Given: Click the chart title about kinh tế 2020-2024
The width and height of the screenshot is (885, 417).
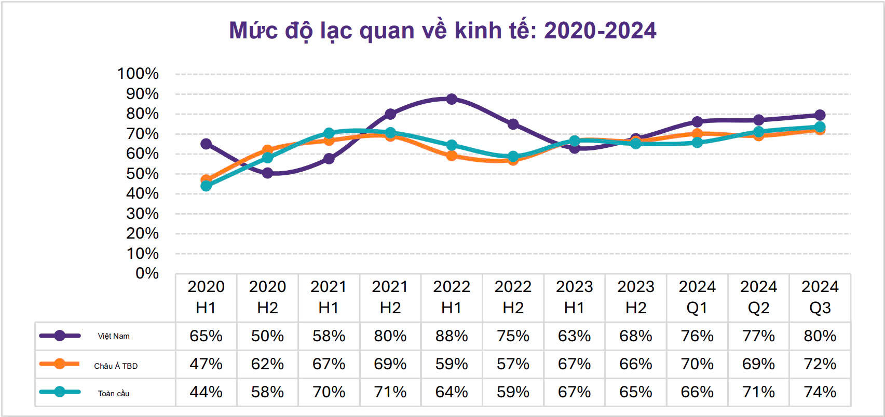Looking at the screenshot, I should [x=442, y=31].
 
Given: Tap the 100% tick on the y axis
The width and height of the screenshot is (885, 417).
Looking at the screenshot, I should [x=138, y=74].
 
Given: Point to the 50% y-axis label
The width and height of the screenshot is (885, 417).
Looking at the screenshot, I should [x=142, y=174].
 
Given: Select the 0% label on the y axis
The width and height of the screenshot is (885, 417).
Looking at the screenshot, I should [x=147, y=273].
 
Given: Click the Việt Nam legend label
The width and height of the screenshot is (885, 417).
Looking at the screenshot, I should [x=114, y=336].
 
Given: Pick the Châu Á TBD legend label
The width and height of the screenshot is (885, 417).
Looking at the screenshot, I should [x=116, y=366].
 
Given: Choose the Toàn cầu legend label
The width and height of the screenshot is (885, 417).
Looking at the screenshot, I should [x=114, y=394].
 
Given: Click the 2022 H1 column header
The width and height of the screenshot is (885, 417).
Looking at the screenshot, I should [x=452, y=297].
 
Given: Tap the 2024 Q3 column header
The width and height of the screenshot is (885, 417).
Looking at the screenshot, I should [x=820, y=297].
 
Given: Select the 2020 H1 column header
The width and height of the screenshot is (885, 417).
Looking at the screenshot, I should [x=206, y=297].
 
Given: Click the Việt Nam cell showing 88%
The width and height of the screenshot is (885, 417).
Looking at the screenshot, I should [x=452, y=336].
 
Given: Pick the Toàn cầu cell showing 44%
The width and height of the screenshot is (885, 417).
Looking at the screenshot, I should [x=206, y=392].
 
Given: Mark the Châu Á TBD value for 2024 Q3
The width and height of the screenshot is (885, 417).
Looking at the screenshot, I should [x=820, y=364].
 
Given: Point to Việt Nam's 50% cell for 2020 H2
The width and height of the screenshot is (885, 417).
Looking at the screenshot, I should [x=267, y=336].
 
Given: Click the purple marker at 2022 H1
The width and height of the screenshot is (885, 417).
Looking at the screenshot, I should [x=452, y=99].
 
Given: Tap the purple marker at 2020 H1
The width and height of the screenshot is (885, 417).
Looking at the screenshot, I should [x=206, y=144].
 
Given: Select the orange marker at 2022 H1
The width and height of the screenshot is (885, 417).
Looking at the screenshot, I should [x=452, y=156].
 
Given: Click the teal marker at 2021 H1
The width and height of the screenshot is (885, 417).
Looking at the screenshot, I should [x=329, y=133].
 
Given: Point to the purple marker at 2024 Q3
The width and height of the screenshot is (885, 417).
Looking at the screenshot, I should [x=820, y=115].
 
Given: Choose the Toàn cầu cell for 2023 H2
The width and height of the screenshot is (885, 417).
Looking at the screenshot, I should [x=635, y=392].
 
